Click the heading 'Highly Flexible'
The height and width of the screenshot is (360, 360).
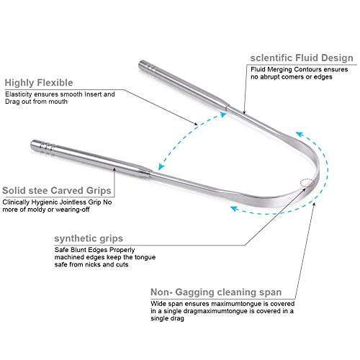click(39, 83)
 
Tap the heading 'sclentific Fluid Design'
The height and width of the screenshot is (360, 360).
click(302, 58)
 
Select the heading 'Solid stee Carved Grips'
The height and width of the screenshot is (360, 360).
click(57, 191)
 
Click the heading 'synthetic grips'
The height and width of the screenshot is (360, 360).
click(89, 238)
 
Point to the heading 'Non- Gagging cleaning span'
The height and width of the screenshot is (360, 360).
click(216, 292)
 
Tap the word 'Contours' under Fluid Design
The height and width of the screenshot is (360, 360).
click(308, 70)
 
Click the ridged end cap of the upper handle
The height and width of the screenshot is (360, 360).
click(146, 66)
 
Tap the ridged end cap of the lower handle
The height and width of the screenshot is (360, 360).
click(42, 145)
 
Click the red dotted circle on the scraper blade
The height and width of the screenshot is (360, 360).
click(307, 184)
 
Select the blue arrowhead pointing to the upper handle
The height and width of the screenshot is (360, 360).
click(222, 114)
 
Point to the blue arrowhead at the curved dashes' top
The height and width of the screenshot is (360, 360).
click(300, 135)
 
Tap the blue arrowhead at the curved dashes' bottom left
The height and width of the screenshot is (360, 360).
click(235, 209)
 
